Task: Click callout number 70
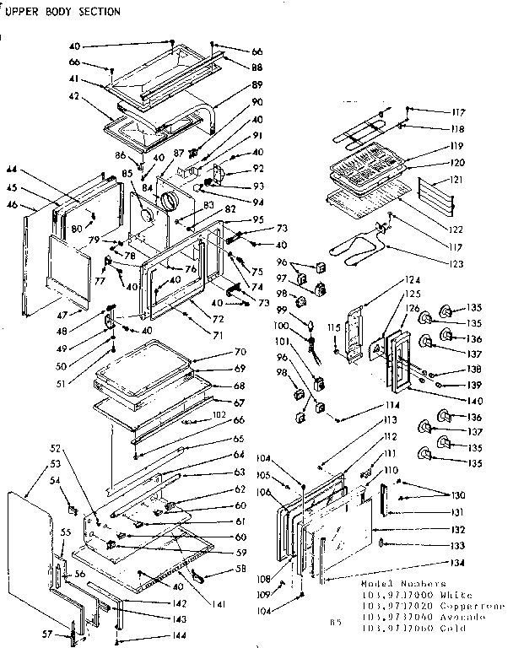(x=240, y=351)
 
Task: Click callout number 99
(x=305, y=310)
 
